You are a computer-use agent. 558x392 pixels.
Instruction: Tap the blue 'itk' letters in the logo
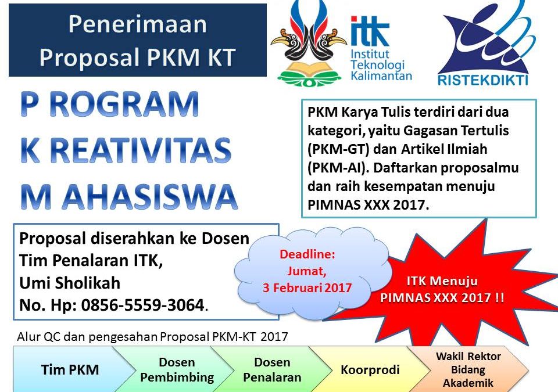tap(370, 31)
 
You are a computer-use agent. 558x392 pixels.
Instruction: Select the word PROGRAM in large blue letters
tap(109, 105)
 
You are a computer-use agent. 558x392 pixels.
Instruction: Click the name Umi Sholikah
tap(70, 283)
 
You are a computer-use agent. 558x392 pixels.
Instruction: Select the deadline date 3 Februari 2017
tap(308, 287)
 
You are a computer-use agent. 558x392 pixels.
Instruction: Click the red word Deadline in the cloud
tap(307, 254)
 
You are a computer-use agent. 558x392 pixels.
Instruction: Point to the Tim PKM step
tap(70, 370)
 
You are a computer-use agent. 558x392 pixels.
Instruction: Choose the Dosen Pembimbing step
tap(177, 370)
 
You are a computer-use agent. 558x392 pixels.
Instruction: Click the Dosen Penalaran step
tap(272, 370)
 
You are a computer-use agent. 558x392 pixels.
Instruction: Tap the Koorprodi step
tap(370, 370)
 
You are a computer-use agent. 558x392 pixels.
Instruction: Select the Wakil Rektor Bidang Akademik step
tap(468, 369)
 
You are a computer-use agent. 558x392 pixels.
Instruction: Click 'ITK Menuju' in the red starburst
tap(442, 282)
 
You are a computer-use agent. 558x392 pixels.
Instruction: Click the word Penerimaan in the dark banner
tap(137, 24)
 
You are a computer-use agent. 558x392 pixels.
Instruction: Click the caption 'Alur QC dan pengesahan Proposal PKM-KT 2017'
tap(152, 336)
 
